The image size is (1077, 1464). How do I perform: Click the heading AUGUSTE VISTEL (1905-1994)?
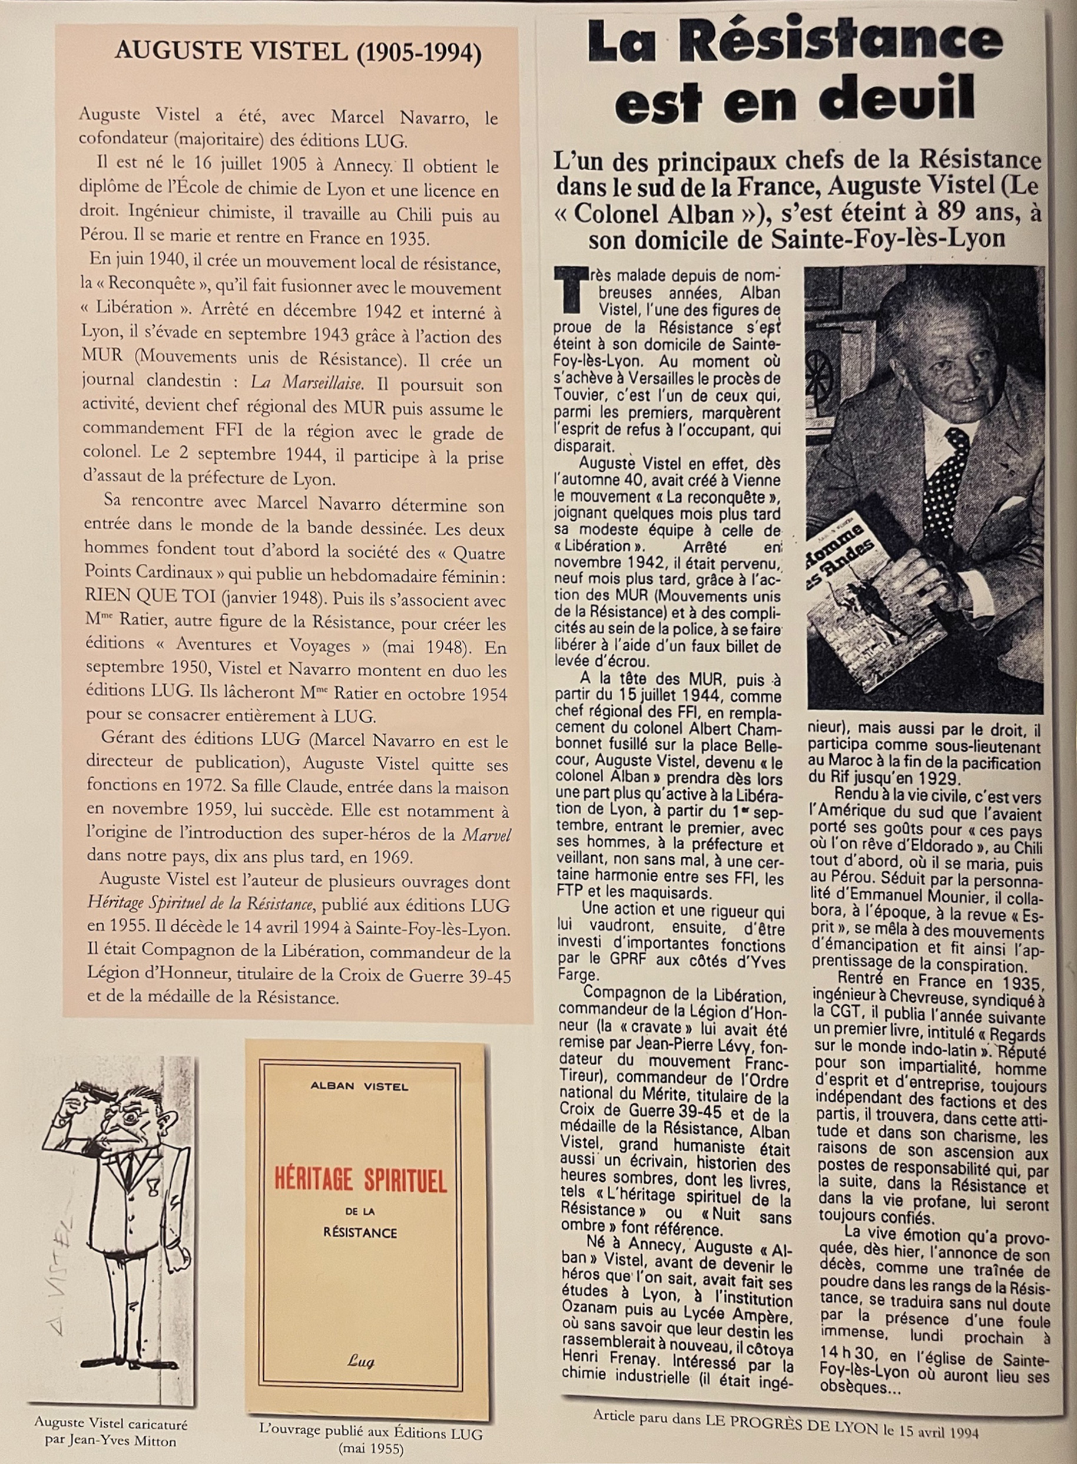click(x=298, y=52)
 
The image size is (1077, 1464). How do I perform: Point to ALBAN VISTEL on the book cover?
click(x=359, y=1086)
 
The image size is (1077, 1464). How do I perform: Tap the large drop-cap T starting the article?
click(x=566, y=290)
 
